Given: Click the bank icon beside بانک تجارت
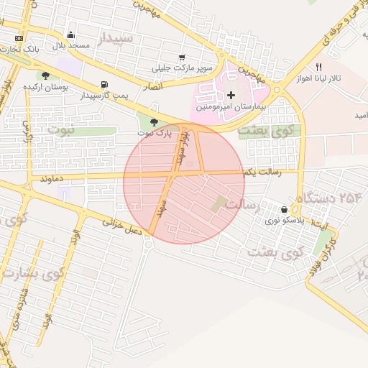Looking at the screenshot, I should pos(18,39).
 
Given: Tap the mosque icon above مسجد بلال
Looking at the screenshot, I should pos(70,34).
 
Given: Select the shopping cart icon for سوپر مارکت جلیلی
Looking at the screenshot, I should pos(182,57).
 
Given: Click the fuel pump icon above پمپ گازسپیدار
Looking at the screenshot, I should pos(106,83).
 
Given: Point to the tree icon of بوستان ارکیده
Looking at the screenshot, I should pos(45,75).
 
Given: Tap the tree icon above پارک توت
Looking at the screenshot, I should pos(154,121).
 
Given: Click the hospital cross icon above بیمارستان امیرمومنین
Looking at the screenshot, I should pos(231,95).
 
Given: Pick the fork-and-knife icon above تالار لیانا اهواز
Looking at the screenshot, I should pos(319,67).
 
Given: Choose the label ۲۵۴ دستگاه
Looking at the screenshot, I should pos(328,197).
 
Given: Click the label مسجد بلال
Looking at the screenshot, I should pos(70,45).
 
